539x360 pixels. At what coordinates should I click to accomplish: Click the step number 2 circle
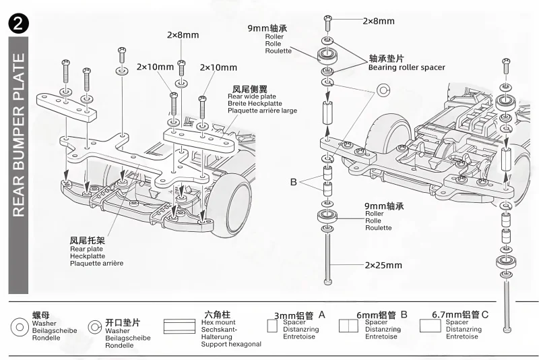(x=19, y=24)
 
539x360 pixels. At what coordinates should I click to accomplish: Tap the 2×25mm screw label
(x=383, y=265)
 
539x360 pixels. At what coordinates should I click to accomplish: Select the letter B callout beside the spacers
(x=293, y=182)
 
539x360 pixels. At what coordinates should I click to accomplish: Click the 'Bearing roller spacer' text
(x=407, y=67)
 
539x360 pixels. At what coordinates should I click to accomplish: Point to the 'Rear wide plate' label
(x=251, y=96)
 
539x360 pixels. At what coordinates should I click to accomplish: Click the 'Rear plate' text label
(x=86, y=249)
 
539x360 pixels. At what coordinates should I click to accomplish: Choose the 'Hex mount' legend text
(x=218, y=322)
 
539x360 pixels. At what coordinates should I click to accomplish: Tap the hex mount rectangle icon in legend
(x=179, y=327)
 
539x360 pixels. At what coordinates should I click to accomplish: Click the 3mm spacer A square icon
(x=272, y=326)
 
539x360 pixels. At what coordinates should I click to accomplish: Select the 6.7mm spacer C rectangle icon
(x=430, y=326)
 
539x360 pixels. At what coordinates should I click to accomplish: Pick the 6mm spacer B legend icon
(x=348, y=326)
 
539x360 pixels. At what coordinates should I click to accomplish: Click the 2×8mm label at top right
(x=379, y=21)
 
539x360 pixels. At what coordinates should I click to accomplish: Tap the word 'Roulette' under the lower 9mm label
(x=378, y=228)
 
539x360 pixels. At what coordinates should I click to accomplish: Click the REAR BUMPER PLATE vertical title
(x=19, y=135)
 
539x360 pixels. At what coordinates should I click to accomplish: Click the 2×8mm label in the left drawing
(x=183, y=35)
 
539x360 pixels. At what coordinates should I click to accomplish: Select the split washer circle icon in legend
(x=94, y=327)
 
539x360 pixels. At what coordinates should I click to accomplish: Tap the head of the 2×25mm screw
(x=328, y=282)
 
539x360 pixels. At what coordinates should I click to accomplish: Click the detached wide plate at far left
(x=66, y=107)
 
